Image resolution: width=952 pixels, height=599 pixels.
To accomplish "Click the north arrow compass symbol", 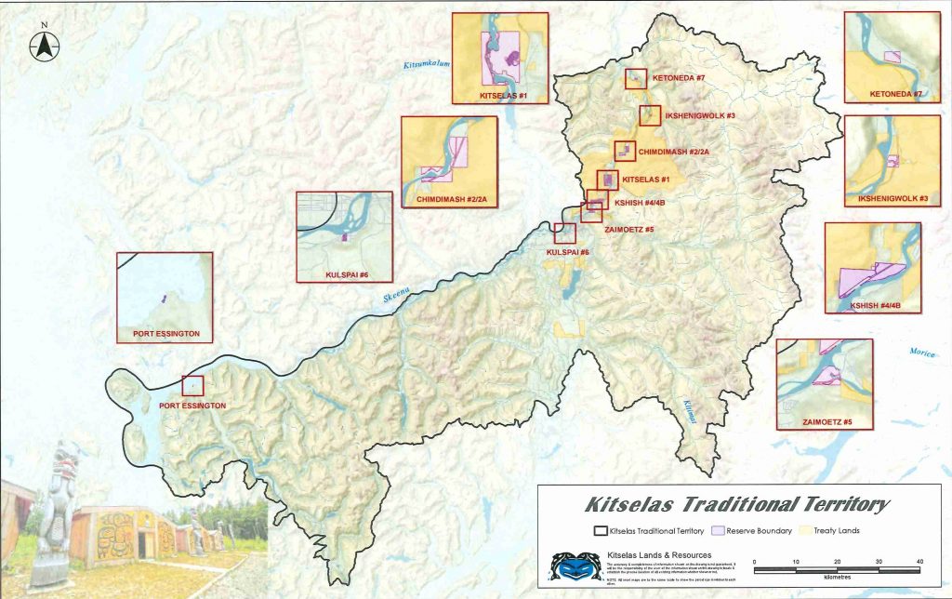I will (43, 43).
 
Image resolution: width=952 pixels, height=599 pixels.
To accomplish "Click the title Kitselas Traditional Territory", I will (738, 505).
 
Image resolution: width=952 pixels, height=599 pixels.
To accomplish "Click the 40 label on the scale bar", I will (919, 561).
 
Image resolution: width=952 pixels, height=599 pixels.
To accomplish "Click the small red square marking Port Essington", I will (192, 385).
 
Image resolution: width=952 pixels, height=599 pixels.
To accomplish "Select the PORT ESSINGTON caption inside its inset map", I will (164, 332).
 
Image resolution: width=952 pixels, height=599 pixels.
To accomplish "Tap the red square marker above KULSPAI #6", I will (564, 233).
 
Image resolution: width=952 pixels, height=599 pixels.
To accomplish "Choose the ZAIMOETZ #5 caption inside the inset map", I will (824, 422).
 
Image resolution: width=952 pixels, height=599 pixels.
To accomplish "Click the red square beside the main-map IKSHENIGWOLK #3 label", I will (650, 115).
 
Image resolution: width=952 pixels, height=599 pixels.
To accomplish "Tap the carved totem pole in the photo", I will (59, 512).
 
